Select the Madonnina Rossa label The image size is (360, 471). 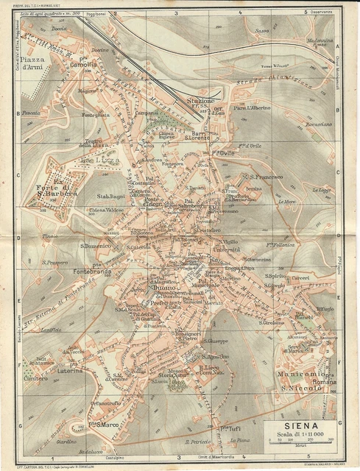[311, 40]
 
